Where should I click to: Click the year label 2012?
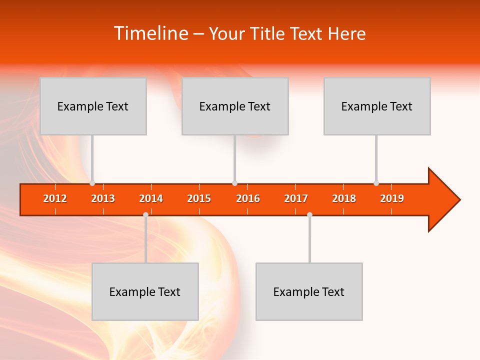pos(55,198)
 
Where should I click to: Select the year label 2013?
pos(103,198)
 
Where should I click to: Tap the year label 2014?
pos(151,198)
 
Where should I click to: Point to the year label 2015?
pos(199,198)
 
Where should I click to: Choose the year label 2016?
pos(248,198)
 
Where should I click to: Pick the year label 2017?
pos(296,198)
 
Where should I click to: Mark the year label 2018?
pos(344,198)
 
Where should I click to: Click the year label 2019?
pos(392,198)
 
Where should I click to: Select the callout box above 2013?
pos(93,106)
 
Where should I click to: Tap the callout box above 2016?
pos(235,106)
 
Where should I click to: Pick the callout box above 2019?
pos(377,106)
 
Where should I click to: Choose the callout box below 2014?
pos(145,291)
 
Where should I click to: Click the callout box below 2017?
pos(309,291)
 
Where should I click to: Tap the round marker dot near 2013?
pos(92,183)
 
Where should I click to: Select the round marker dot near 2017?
pos(309,215)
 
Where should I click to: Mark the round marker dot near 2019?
pos(376,183)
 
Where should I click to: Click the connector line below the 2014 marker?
pos(145,240)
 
